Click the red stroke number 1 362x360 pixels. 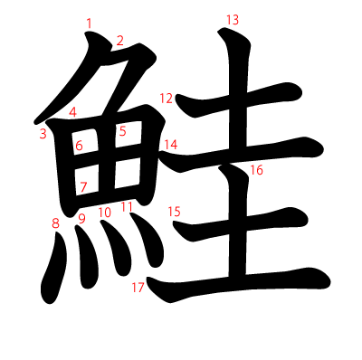[x=89, y=24]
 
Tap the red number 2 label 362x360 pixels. [x=120, y=41]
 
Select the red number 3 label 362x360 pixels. [x=43, y=134]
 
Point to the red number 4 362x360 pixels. [x=72, y=112]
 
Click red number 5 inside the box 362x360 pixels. [x=122, y=131]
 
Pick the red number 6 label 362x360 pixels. [x=79, y=146]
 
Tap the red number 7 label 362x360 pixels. [x=83, y=187]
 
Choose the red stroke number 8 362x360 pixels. [x=55, y=223]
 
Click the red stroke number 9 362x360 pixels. [x=81, y=219]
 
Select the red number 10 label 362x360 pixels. [x=104, y=213]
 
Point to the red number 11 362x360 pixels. [x=127, y=207]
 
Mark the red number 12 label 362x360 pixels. [x=166, y=99]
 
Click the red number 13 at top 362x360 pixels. [x=233, y=20]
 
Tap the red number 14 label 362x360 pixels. [x=171, y=145]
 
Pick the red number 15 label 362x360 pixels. [x=174, y=212]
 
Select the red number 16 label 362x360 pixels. [x=256, y=170]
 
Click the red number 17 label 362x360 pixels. [x=138, y=288]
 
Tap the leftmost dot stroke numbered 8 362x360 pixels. [x=53, y=269]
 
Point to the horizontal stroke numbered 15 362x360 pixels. [x=240, y=224]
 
